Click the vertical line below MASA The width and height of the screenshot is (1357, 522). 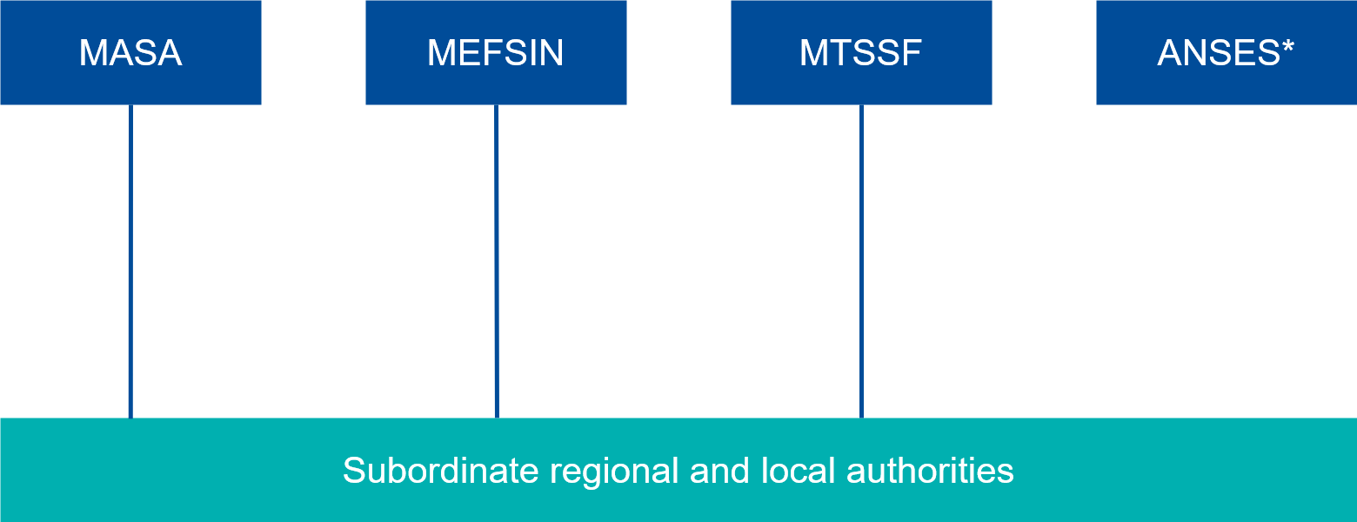coord(130,261)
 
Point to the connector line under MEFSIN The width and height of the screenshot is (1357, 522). coord(497,261)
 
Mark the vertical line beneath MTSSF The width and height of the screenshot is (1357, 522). coord(861,261)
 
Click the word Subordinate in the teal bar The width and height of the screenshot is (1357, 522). coord(440,471)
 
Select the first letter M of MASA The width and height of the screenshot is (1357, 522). coord(92,53)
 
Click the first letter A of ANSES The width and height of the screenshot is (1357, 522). coord(1170,53)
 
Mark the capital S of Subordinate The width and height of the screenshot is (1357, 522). coord(353,471)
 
